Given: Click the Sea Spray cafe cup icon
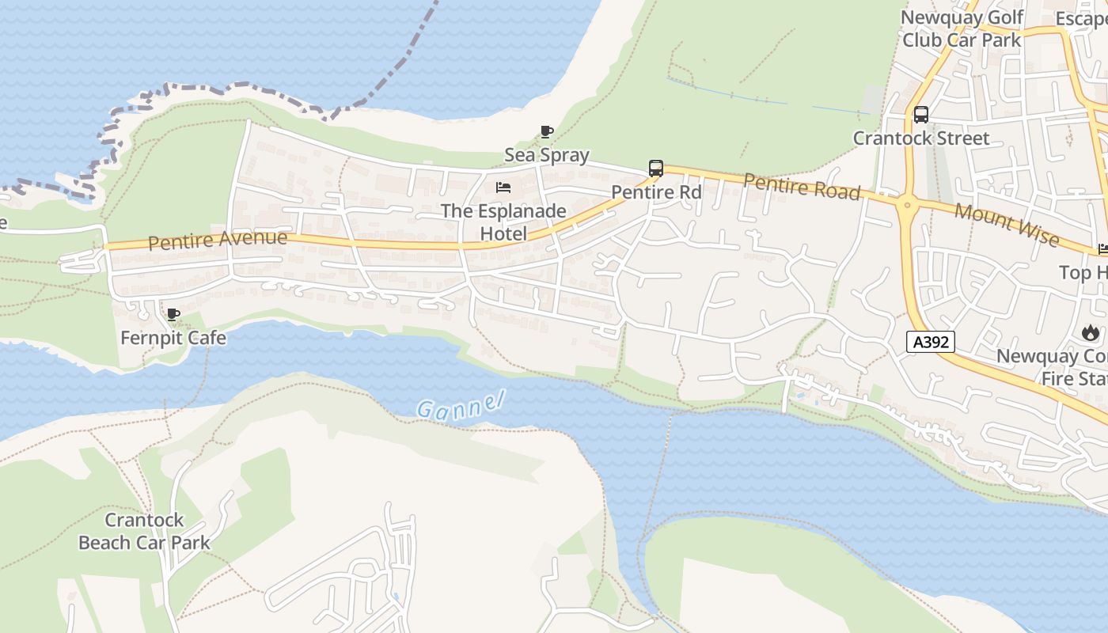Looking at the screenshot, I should pos(546,131).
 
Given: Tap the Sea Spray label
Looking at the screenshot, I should pos(547,155).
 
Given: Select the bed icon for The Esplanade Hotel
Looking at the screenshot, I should pos(503,188).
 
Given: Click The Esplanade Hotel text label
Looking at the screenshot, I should pos(503,222).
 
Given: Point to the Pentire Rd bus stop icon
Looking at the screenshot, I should pos(655,168).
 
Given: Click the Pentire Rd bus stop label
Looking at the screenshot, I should pos(656,192).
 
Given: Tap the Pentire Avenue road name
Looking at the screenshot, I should pos(218,240).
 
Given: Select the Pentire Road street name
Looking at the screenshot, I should pos(802,187).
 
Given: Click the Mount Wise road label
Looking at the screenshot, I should pos(1006,224).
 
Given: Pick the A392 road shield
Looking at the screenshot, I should pos(931,342).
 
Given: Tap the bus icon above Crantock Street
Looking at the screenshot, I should pos(921,114).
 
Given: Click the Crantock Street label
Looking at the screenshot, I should pos(920,138).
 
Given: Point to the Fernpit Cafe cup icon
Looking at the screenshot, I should pos(173,314).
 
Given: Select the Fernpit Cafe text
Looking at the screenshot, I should pos(173,338).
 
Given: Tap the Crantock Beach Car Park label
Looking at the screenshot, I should pos(145,531).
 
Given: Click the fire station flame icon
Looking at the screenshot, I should pos(1091,332).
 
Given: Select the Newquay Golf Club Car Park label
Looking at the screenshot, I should pos(962,28).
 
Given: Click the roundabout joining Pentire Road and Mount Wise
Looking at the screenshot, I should pos(906,205).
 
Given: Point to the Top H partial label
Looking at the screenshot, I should pos(1083,273).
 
